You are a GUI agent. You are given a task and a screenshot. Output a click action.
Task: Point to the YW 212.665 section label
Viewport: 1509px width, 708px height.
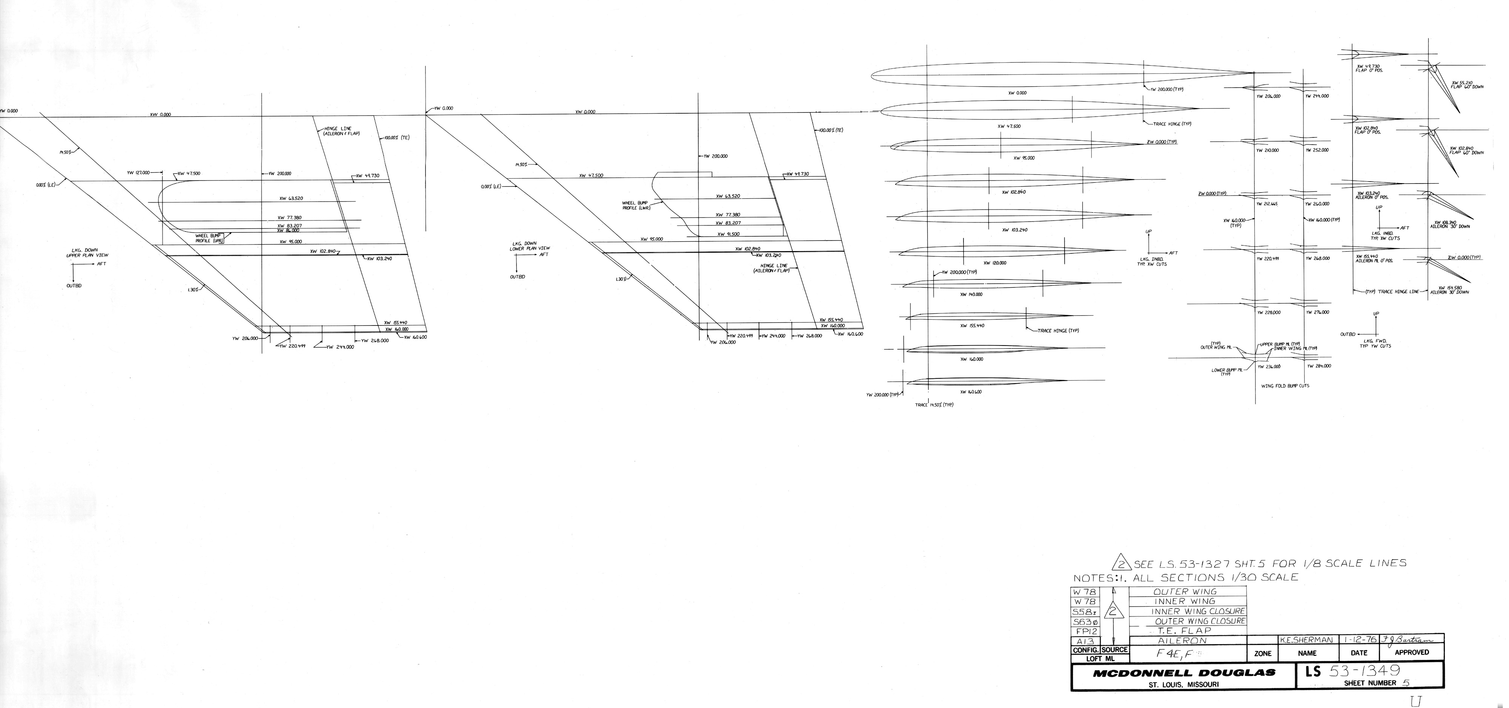pos(1267,204)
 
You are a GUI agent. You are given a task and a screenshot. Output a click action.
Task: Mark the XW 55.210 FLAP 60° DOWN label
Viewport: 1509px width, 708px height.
pos(1466,85)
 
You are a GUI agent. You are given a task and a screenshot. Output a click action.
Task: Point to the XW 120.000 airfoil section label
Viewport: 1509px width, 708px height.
pos(995,263)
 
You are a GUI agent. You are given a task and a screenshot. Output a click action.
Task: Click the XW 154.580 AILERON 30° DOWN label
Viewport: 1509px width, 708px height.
pos(1449,290)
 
